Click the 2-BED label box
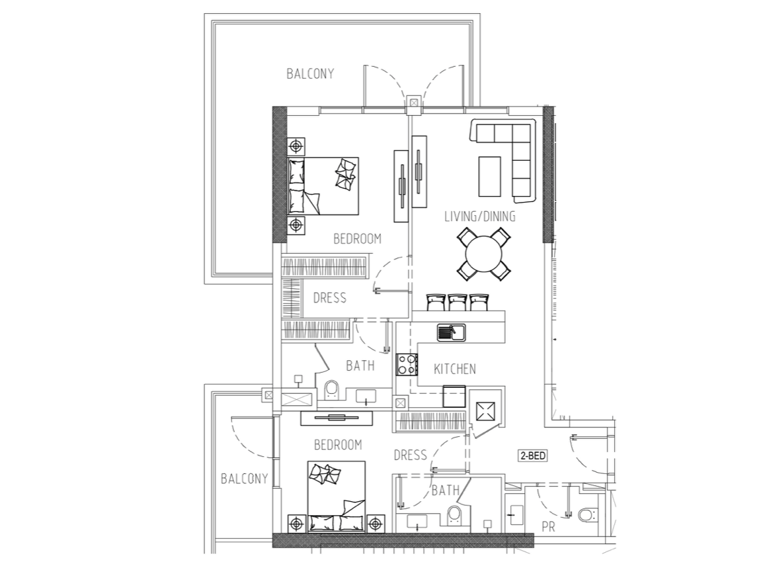pyautogui.click(x=532, y=455)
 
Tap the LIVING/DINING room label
pyautogui.click(x=480, y=216)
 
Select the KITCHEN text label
pyautogui.click(x=454, y=369)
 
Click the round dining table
pyautogui.click(x=483, y=254)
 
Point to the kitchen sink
pyautogui.click(x=451, y=332)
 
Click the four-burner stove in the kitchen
pyautogui.click(x=407, y=364)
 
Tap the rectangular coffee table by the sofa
pyautogui.click(x=489, y=176)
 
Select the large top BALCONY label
pyautogui.click(x=310, y=73)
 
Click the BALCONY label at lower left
pyautogui.click(x=244, y=479)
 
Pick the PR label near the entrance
pyautogui.click(x=548, y=527)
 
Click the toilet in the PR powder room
pyautogui.click(x=586, y=514)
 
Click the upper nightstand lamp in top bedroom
pyautogui.click(x=296, y=146)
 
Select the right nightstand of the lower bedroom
pyautogui.click(x=375, y=524)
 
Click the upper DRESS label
pyautogui.click(x=330, y=298)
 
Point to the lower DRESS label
pyautogui.click(x=410, y=455)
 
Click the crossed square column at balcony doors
pyautogui.click(x=414, y=103)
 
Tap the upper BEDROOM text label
pyautogui.click(x=357, y=238)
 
